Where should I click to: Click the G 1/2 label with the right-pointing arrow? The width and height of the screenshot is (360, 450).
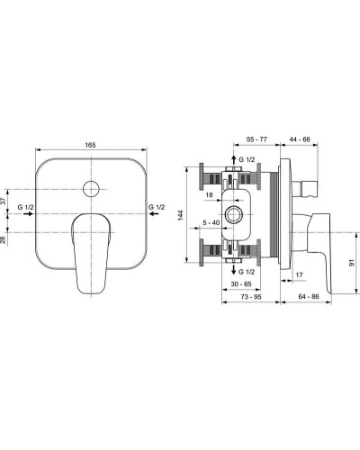(x=27, y=207)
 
